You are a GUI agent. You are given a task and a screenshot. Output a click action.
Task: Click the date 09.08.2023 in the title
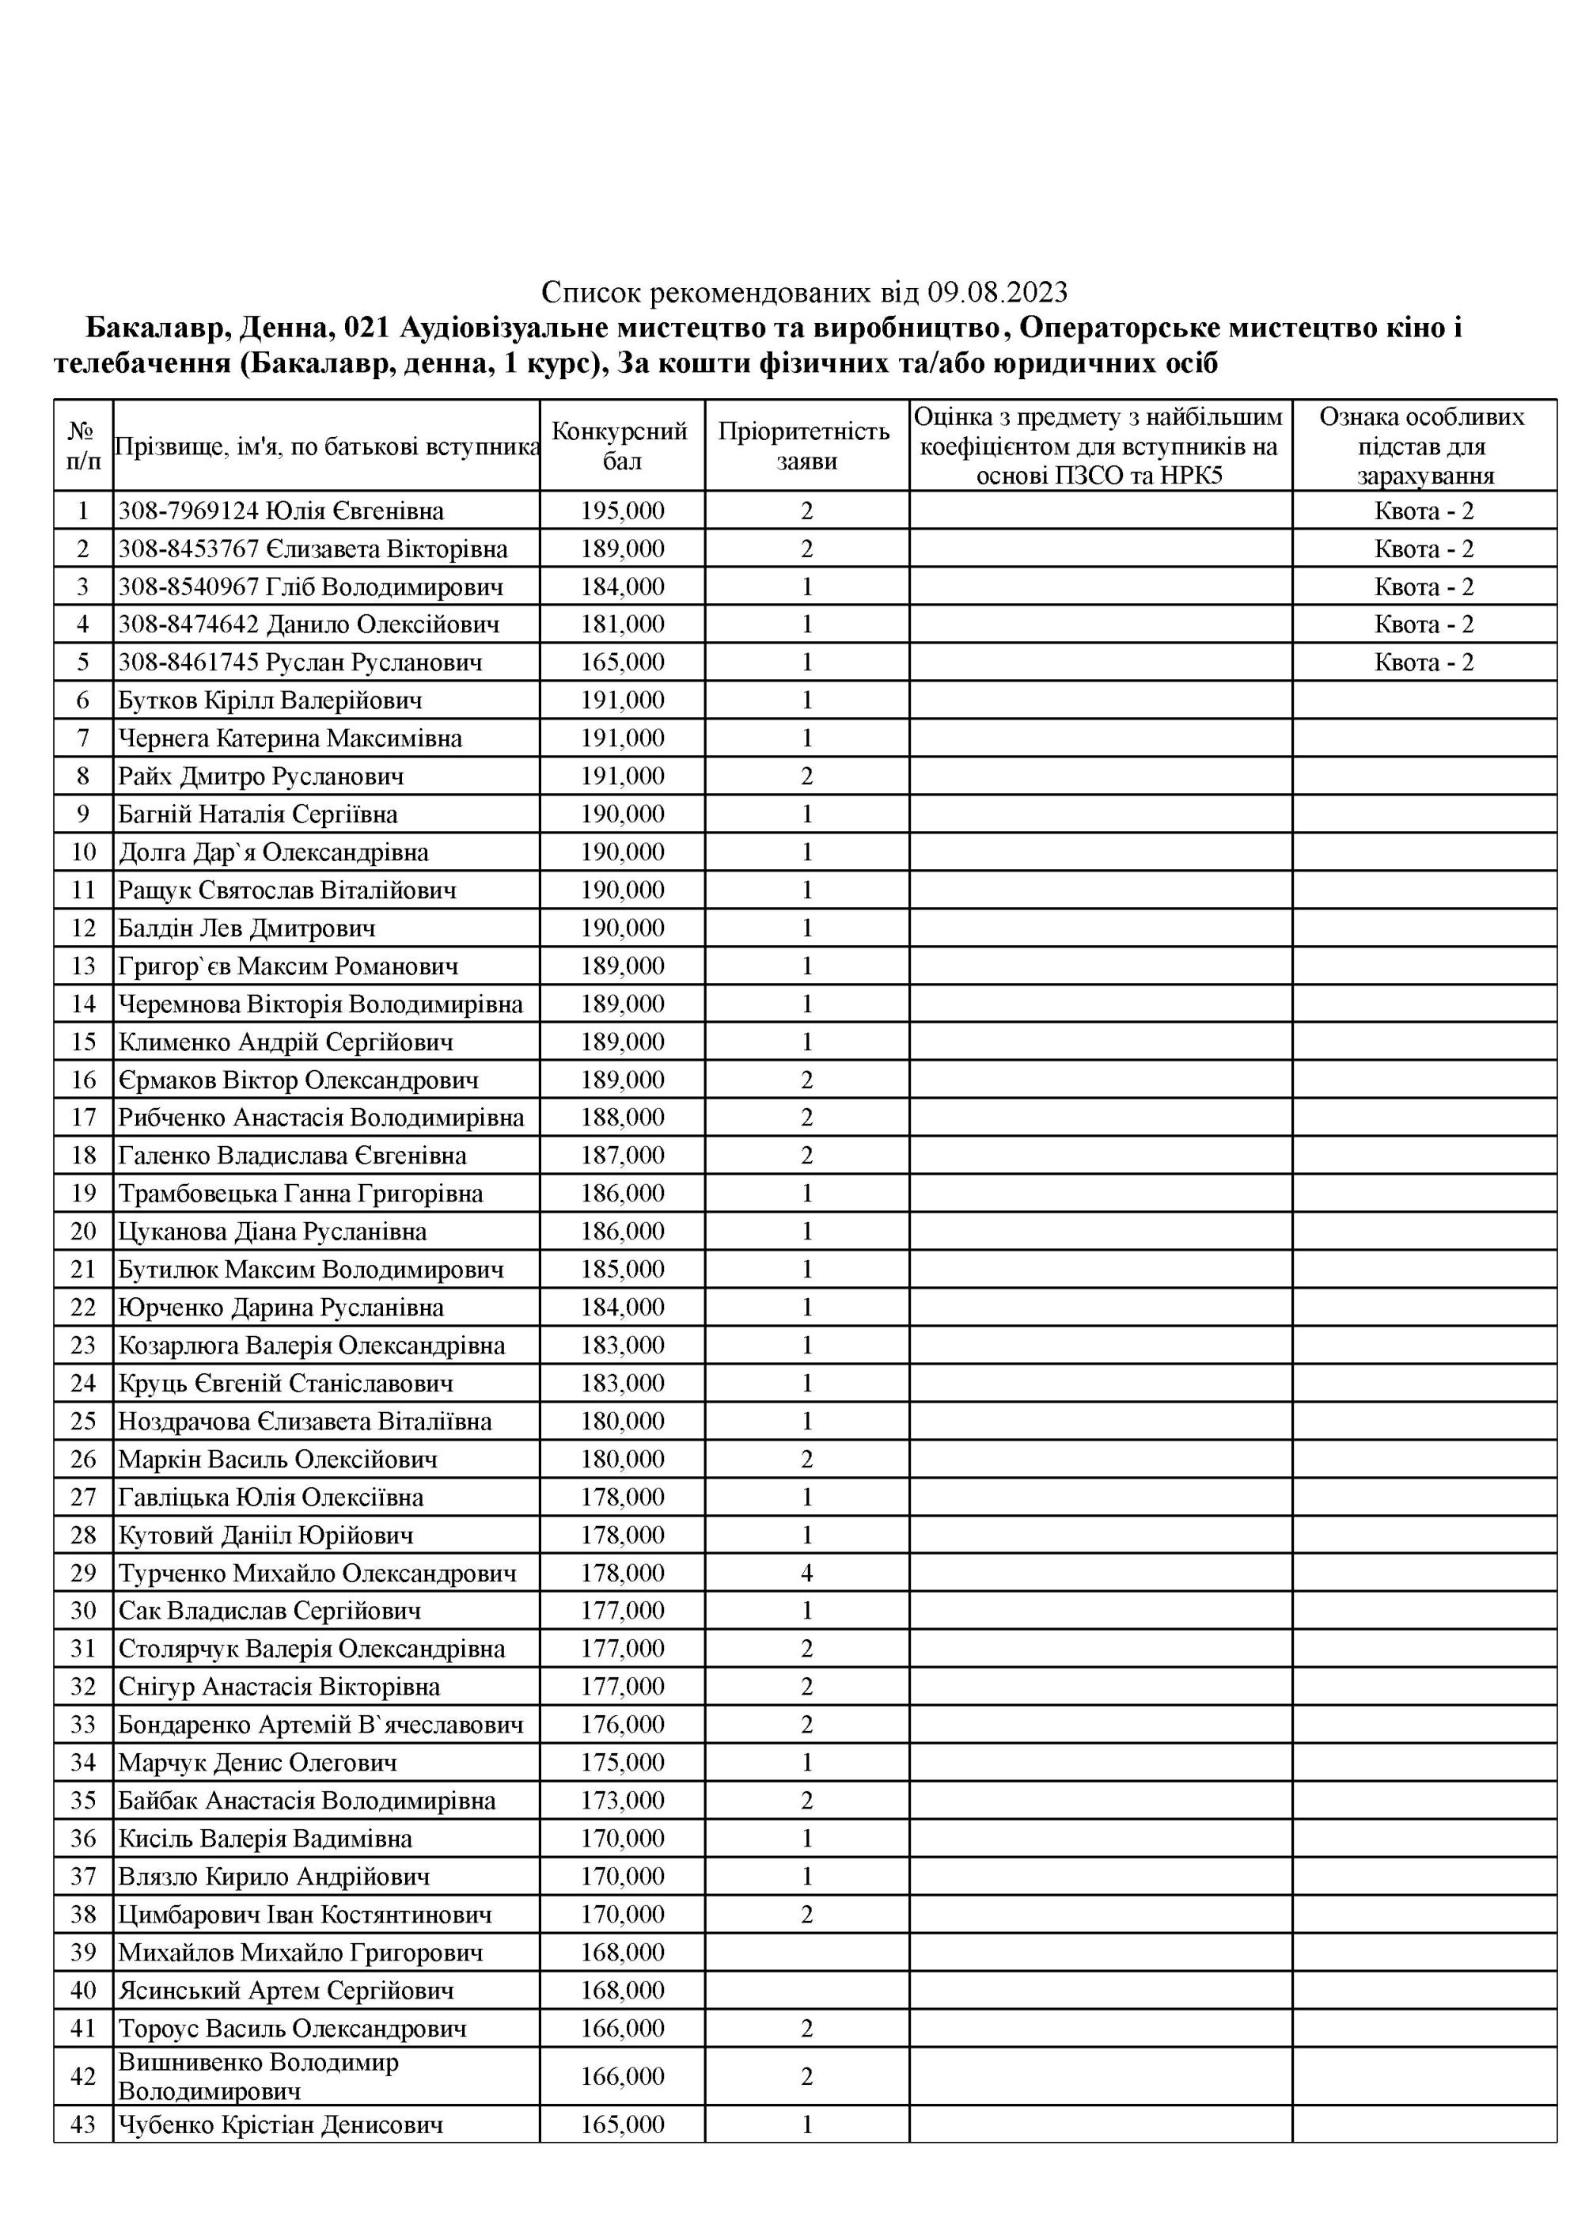(x=997, y=291)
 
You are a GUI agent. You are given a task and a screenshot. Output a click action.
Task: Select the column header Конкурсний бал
(x=621, y=446)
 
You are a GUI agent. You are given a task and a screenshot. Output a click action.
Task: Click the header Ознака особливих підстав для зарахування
(x=1423, y=446)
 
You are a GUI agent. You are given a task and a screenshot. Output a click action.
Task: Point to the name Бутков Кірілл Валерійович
(x=270, y=700)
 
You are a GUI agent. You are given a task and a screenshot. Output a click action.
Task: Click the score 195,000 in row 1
(x=622, y=511)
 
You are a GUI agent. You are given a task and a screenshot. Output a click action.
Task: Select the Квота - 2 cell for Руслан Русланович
(x=1423, y=663)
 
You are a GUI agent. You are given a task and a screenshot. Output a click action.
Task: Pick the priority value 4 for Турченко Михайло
(x=807, y=1573)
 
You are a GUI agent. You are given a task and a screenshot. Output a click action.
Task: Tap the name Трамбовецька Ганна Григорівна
(x=300, y=1194)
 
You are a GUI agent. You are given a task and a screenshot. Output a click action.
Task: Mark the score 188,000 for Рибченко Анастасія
(x=622, y=1118)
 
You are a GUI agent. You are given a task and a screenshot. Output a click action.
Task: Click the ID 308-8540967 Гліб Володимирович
(x=310, y=587)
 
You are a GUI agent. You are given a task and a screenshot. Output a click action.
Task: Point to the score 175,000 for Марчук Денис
(x=622, y=1763)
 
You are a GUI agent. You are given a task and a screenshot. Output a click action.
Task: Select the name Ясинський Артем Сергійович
(x=286, y=1990)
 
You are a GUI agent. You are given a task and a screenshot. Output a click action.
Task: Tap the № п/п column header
(x=83, y=446)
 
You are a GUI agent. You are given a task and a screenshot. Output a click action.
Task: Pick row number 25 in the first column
(x=83, y=1421)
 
